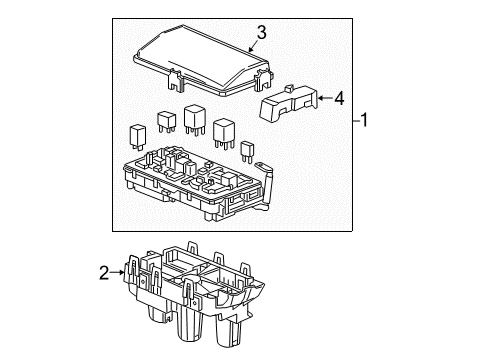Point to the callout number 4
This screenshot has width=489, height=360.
point(340,98)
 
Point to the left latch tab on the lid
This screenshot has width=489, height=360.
point(176,75)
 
